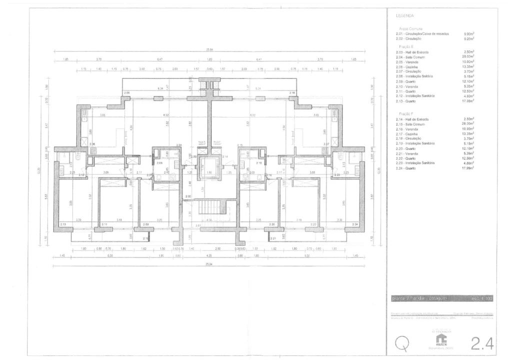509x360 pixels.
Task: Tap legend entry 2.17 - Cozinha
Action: coord(411,133)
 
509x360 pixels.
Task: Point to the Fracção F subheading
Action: coord(405,114)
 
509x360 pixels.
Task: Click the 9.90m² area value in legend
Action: coord(468,34)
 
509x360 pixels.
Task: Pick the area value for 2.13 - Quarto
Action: coord(468,100)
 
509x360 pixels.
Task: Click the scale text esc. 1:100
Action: coord(482,298)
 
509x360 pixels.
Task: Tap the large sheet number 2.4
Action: coord(482,343)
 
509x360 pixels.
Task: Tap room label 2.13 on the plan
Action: coord(63,224)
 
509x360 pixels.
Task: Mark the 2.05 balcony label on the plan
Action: coord(127,93)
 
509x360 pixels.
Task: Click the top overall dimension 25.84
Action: coord(209,49)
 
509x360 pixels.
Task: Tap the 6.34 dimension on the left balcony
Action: coord(160,88)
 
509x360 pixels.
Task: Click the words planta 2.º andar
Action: coord(411,298)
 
